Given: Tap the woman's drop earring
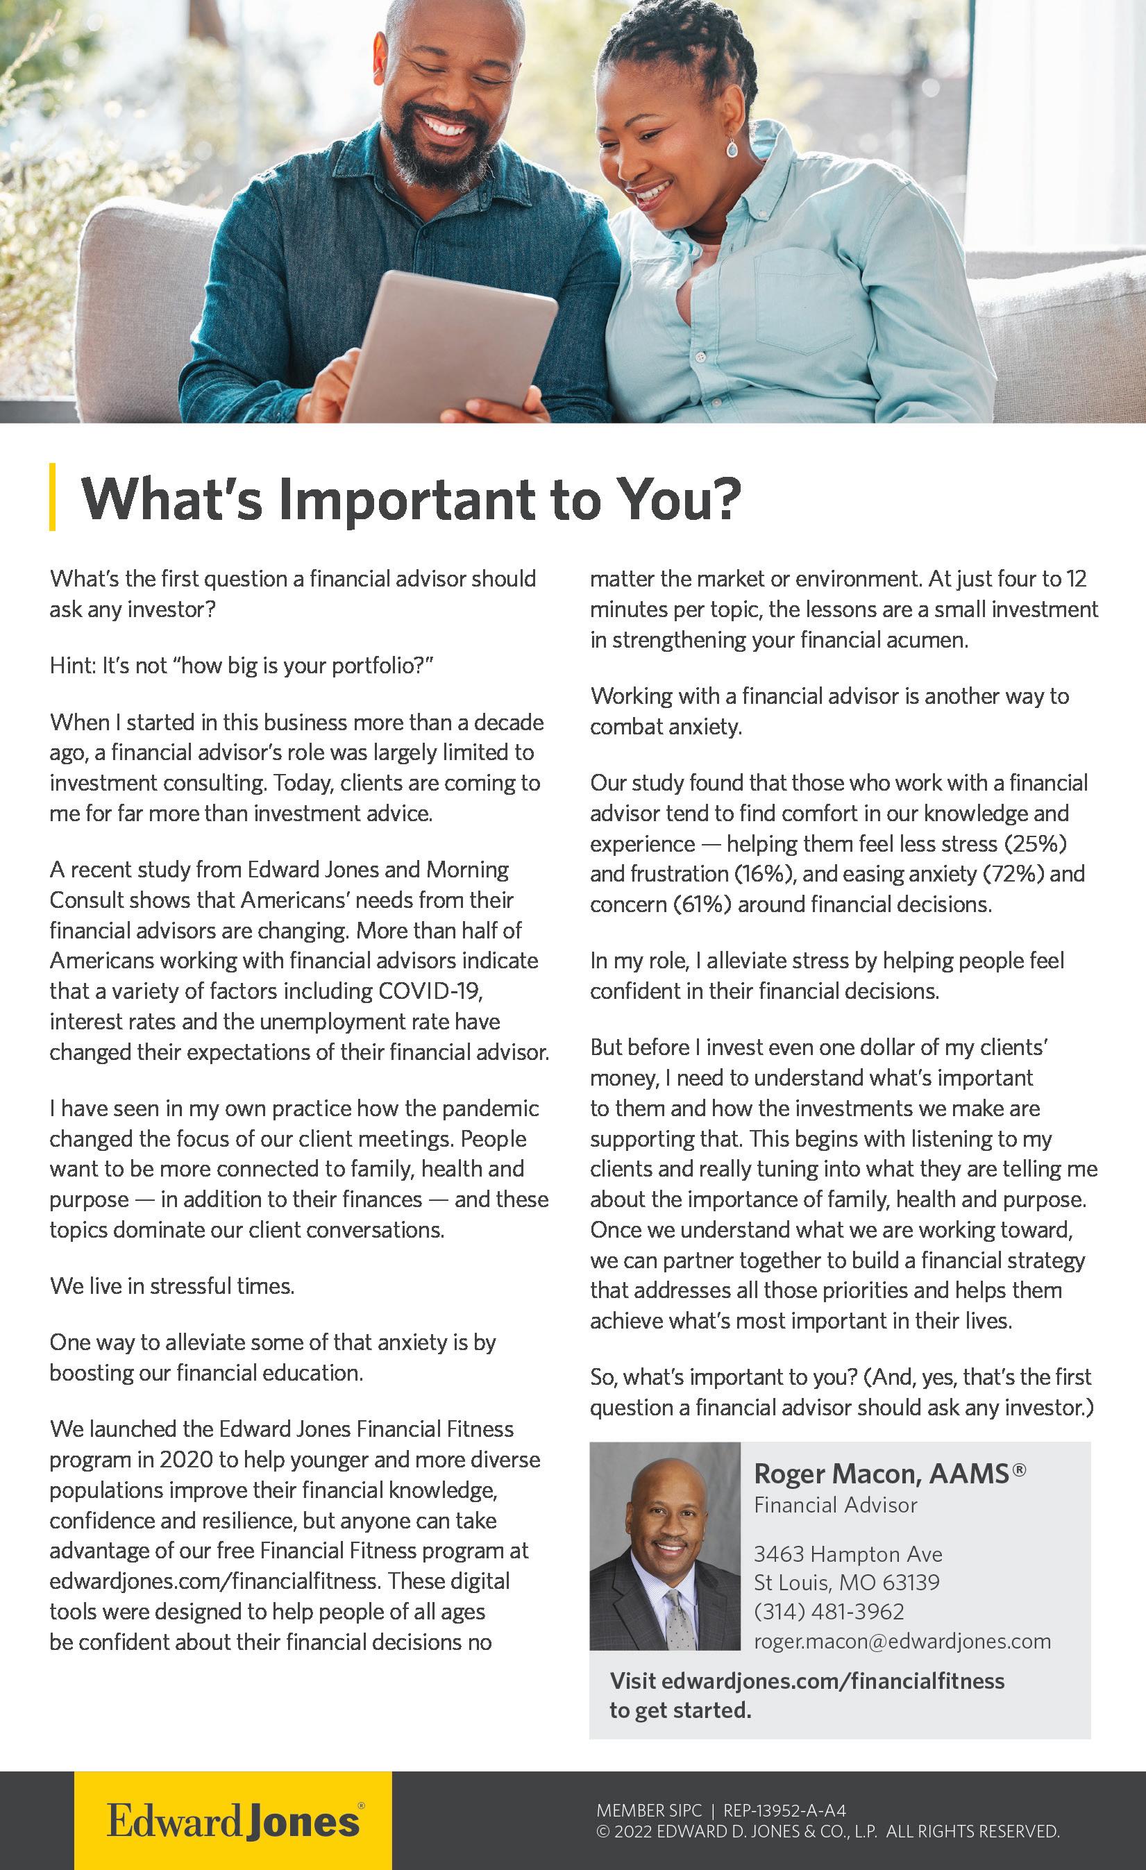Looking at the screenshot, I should [x=732, y=147].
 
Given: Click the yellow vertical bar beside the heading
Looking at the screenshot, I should [x=52, y=496].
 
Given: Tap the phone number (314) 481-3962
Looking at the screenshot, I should [x=829, y=1611].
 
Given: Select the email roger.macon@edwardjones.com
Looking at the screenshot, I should [x=902, y=1641].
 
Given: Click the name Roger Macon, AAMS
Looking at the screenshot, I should [x=888, y=1474].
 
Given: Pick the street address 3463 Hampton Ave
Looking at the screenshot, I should [x=848, y=1554].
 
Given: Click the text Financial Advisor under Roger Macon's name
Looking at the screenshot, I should [x=835, y=1505].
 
